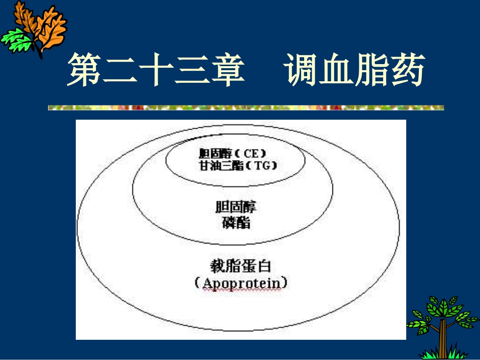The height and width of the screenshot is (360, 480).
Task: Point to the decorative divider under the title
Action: point(246,108)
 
